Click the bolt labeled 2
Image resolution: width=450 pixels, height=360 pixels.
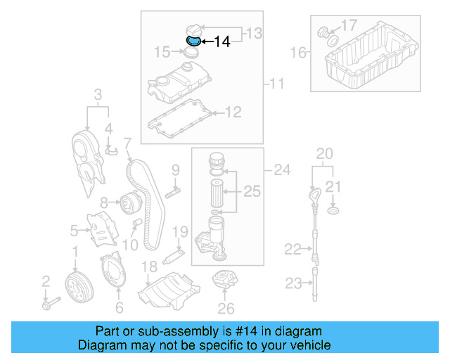49,305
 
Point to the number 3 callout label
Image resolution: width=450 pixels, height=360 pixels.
98,94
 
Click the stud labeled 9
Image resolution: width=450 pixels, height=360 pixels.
173,192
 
